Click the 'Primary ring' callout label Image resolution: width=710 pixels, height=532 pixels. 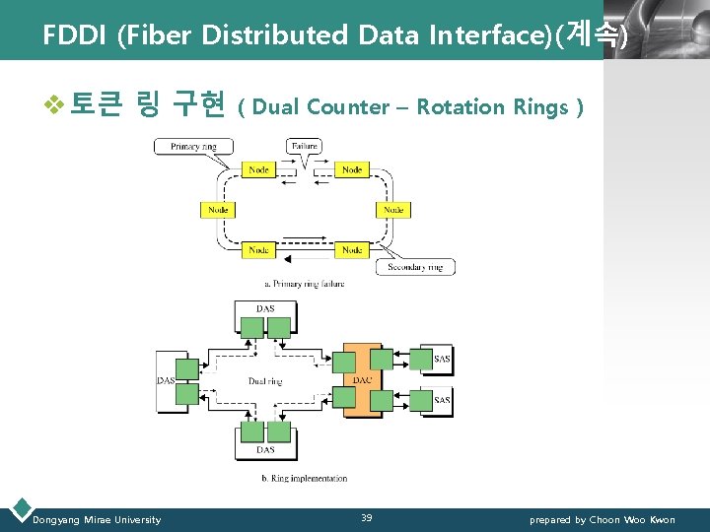click(x=193, y=147)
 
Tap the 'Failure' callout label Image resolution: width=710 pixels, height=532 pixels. click(x=304, y=146)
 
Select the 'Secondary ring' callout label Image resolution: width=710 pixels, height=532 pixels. click(x=414, y=267)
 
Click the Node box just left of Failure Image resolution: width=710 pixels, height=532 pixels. click(x=258, y=169)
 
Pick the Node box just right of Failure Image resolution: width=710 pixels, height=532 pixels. click(x=352, y=169)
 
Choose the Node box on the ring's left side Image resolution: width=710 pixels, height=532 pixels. click(x=218, y=210)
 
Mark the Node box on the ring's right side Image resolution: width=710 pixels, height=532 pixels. click(x=393, y=210)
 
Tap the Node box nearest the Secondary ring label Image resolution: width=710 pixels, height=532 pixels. click(x=352, y=250)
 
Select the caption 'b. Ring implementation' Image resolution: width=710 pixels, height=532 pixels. click(x=304, y=479)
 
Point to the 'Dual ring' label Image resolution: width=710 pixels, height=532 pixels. click(x=265, y=380)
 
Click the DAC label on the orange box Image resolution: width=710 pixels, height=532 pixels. click(x=362, y=380)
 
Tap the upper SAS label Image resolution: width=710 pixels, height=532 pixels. click(x=443, y=360)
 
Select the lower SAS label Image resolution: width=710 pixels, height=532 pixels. click(x=443, y=400)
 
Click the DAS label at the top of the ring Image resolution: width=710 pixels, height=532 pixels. click(x=265, y=308)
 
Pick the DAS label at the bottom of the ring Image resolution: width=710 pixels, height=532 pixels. click(x=265, y=450)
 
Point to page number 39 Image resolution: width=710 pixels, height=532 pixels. click(x=366, y=518)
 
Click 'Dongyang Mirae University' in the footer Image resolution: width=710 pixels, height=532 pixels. click(x=97, y=519)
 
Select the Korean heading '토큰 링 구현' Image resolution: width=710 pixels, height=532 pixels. click(x=147, y=104)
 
